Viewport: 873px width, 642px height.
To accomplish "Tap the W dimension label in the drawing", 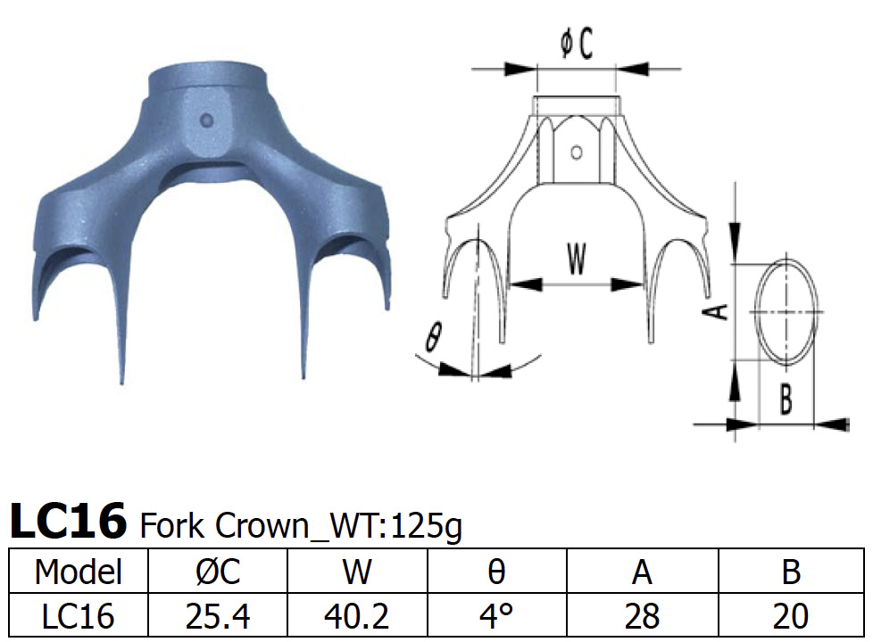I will pos(577,259).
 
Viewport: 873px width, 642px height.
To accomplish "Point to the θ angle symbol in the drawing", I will pos(434,338).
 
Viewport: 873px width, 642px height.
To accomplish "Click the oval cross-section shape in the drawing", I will pos(787,310).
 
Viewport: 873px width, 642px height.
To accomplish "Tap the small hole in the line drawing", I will pos(577,152).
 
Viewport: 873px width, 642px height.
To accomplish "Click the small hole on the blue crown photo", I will pos(208,119).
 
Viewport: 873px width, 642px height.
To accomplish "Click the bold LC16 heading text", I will pos(68,523).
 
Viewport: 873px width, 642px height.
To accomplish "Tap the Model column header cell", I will pos(77,572).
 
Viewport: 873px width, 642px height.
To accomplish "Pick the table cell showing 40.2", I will pos(357,615).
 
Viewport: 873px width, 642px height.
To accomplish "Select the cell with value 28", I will pos(642,615).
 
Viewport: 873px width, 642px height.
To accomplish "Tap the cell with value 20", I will pos(791,615).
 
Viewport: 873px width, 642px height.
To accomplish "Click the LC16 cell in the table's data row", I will pos(77,615).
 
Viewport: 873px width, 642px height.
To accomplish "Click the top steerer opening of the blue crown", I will pos(208,73).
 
